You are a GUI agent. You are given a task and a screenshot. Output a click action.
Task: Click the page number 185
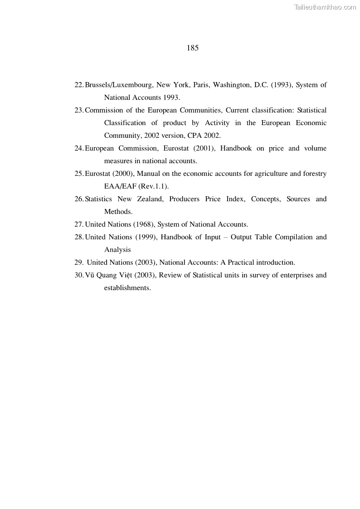tap(192, 48)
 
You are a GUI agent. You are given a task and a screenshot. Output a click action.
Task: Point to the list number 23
tap(79, 110)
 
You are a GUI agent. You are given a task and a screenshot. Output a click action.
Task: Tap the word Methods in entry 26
tap(118, 212)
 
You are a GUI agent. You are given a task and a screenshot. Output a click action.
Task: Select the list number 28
tap(79, 237)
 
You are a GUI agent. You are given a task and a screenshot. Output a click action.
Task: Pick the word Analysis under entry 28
tap(117, 250)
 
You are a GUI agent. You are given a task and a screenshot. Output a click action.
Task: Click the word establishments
tap(127, 288)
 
